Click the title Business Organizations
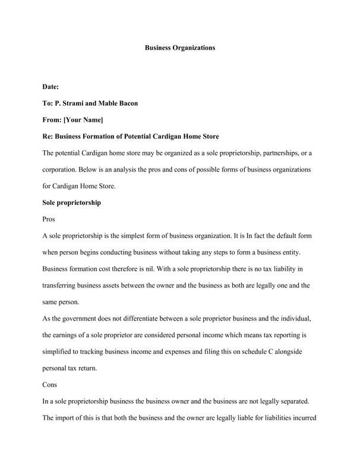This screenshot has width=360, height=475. click(180, 47)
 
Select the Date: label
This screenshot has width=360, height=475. click(50, 87)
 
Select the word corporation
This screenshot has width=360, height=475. click(61, 170)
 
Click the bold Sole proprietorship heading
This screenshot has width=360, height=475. click(72, 202)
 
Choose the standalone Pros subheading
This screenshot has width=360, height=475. click(49, 219)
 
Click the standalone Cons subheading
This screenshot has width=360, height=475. click(50, 385)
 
